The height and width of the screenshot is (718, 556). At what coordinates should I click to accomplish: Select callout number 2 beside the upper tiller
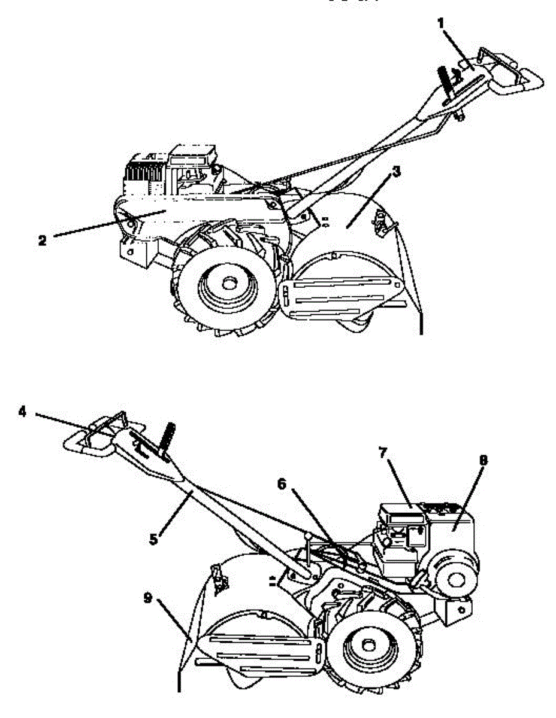pos(42,241)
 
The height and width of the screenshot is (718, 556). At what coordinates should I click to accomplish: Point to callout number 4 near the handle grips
pos(22,413)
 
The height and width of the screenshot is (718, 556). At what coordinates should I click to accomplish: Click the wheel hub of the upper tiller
pos(228,281)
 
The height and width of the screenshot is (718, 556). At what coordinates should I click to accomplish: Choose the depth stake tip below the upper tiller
pos(422,329)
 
